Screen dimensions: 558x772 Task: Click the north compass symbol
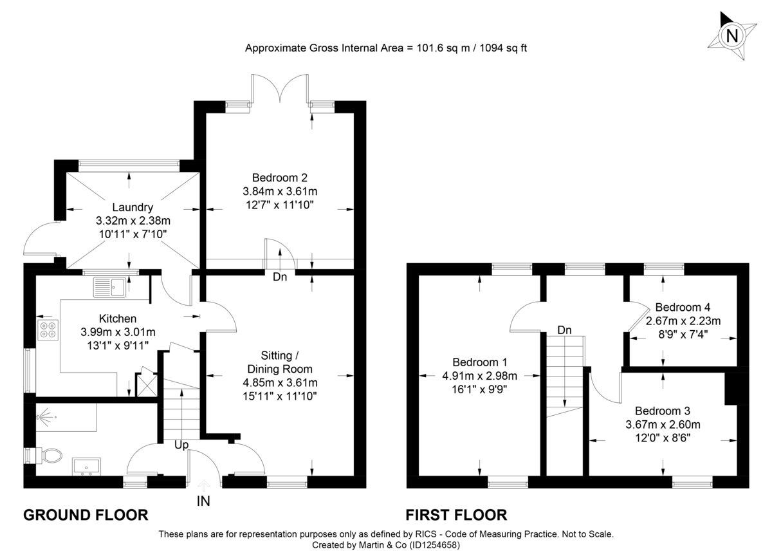click(731, 35)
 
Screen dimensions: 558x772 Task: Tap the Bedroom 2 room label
click(280, 178)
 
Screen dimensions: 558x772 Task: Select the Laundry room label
click(133, 207)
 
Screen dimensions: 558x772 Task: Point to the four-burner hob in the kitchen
click(48, 330)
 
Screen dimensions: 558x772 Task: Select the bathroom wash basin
click(86, 466)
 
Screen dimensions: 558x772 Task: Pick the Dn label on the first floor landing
click(564, 330)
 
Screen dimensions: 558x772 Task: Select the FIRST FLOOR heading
click(456, 515)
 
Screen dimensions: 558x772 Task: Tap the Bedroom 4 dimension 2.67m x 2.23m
click(683, 321)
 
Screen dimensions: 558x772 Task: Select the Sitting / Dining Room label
click(279, 362)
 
